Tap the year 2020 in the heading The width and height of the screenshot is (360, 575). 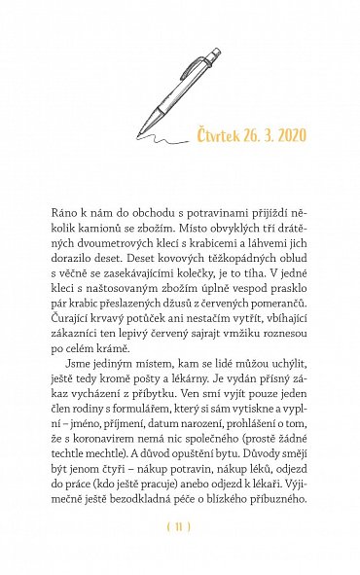pyautogui.click(x=290, y=132)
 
